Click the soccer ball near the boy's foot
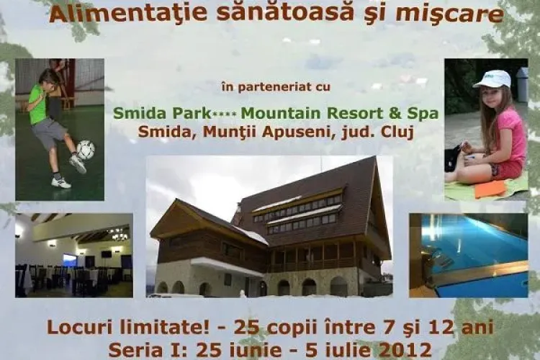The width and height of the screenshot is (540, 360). (85, 150)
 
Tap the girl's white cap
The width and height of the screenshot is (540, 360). (493, 78)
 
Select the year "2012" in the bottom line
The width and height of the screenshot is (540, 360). (409, 350)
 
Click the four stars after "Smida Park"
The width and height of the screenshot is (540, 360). (226, 114)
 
